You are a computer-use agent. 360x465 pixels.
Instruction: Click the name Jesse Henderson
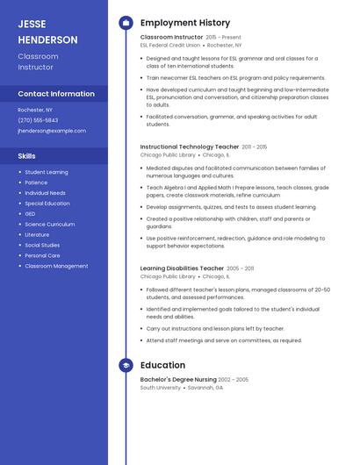(x=47, y=32)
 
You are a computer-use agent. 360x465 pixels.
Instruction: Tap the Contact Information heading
(x=56, y=94)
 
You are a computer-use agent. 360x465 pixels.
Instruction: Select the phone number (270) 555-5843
(x=38, y=120)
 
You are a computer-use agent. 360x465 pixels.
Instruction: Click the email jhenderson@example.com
(x=52, y=131)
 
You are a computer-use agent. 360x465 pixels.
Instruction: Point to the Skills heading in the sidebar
(x=26, y=155)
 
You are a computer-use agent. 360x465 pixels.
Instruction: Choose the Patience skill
(x=36, y=182)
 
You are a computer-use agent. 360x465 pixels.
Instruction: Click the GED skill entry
(x=30, y=214)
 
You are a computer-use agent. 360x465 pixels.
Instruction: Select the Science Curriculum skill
(x=49, y=225)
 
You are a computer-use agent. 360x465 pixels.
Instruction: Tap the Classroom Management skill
(x=56, y=266)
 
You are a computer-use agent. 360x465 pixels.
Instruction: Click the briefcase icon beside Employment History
(x=126, y=23)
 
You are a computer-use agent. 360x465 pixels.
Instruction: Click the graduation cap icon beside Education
(x=126, y=365)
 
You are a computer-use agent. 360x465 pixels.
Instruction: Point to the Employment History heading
(x=184, y=23)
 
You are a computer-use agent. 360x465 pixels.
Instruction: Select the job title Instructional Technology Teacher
(x=190, y=147)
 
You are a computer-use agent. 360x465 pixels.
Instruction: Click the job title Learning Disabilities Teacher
(x=182, y=268)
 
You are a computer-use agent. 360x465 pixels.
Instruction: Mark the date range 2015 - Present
(x=223, y=38)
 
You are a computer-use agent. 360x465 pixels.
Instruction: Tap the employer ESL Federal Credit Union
(x=170, y=45)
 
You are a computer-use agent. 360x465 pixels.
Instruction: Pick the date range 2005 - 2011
(x=240, y=268)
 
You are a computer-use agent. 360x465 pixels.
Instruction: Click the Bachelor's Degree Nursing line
(x=178, y=379)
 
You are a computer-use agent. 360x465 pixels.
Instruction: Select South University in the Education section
(x=160, y=387)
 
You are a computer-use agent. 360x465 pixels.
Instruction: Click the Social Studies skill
(x=42, y=245)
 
